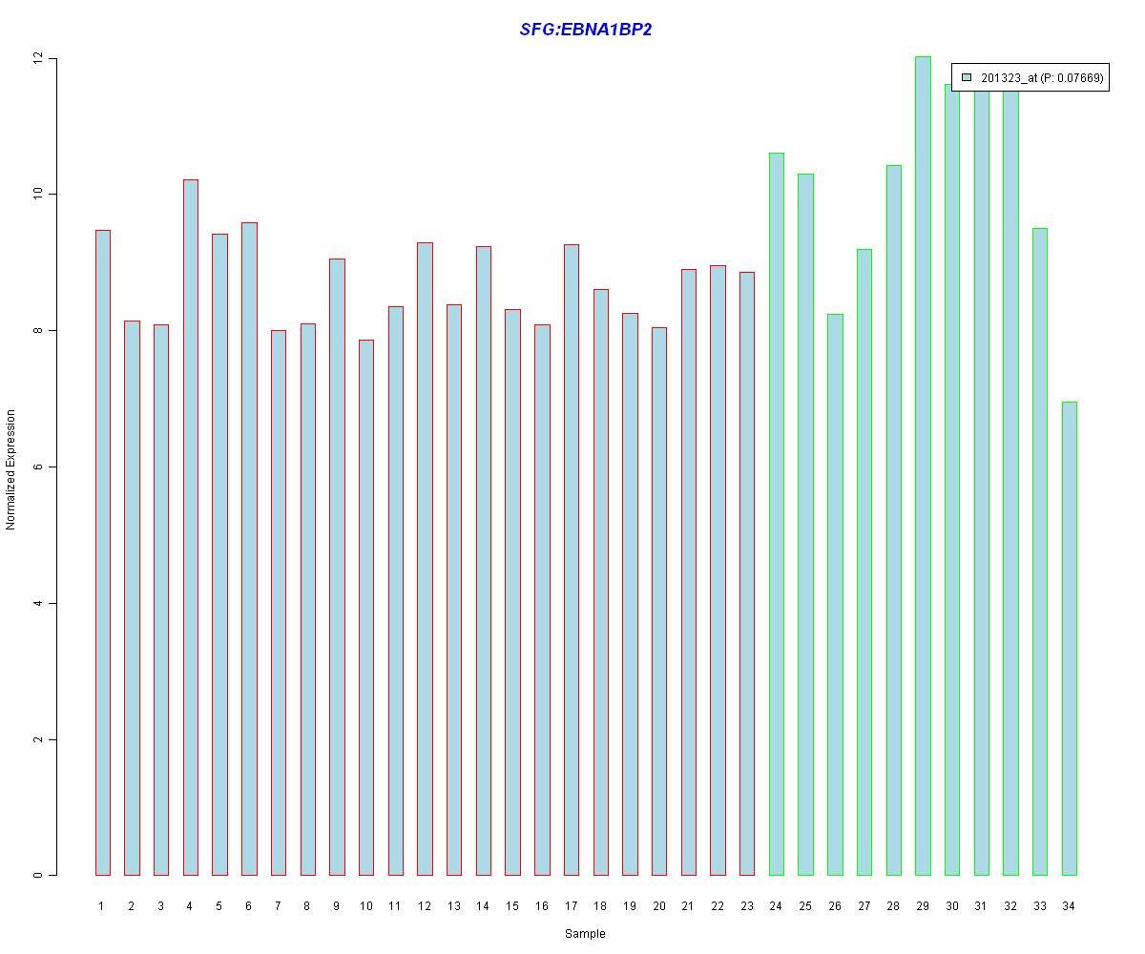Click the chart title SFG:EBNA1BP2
click(585, 30)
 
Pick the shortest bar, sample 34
click(1069, 638)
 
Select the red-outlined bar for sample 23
click(747, 573)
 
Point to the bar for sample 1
click(103, 552)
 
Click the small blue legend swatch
click(967, 78)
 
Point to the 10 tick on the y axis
click(38, 195)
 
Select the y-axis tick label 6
click(38, 467)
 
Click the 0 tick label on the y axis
click(38, 876)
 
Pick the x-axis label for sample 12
click(425, 905)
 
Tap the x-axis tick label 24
click(776, 905)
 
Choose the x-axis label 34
click(1069, 905)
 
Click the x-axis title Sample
click(585, 934)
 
